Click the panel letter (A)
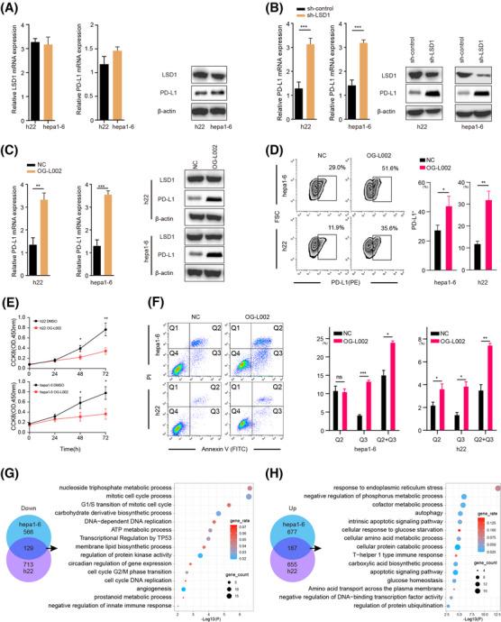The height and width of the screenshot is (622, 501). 13,8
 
